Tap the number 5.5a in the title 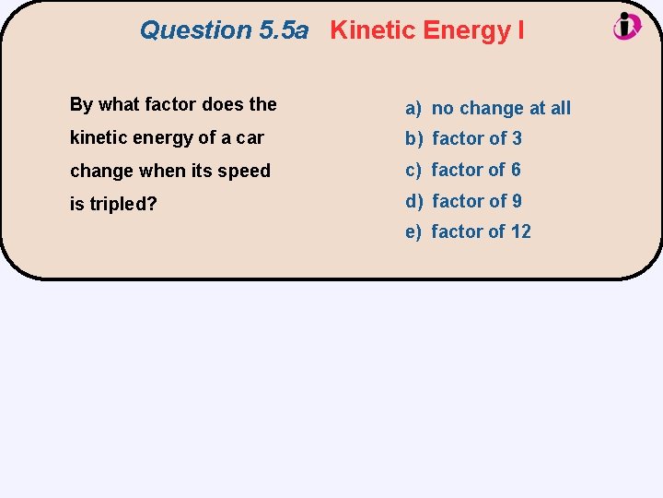click(x=284, y=30)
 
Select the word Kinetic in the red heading click(x=373, y=30)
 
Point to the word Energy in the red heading click(x=466, y=30)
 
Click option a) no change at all click(x=488, y=108)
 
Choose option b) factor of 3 click(x=463, y=138)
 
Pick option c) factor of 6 click(x=463, y=170)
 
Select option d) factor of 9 click(x=463, y=200)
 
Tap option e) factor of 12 click(x=468, y=231)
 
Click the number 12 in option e click(x=520, y=231)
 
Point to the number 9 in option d click(x=517, y=200)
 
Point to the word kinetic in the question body click(x=97, y=137)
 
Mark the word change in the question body click(x=101, y=171)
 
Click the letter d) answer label click(x=413, y=200)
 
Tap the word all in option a click(x=560, y=108)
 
